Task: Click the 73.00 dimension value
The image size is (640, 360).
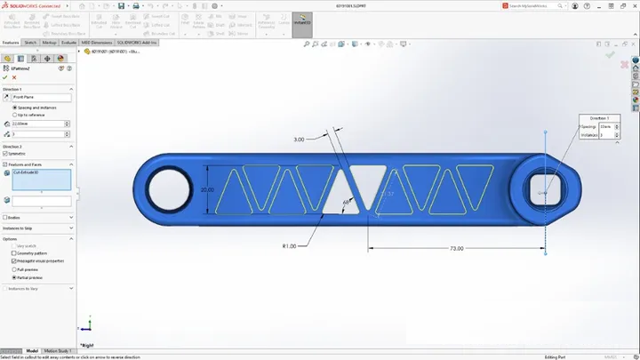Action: (455, 249)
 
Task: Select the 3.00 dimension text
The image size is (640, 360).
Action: (299, 140)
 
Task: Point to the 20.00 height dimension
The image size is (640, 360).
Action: (207, 190)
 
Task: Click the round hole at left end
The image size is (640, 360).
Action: (166, 189)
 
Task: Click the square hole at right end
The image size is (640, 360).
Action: (544, 189)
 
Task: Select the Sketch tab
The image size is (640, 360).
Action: (29, 42)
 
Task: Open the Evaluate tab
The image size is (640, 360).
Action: (68, 42)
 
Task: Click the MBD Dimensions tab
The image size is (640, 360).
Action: (97, 42)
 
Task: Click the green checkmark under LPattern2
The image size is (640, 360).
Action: (5, 77)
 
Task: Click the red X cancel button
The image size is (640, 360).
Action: (14, 77)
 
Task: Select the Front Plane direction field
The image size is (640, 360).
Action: (40, 97)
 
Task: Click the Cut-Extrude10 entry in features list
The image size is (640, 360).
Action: (40, 178)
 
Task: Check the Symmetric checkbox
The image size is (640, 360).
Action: (6, 154)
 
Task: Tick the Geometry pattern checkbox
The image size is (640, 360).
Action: (14, 253)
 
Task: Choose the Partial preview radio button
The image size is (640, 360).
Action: (14, 277)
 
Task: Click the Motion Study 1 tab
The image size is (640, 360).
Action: (58, 351)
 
